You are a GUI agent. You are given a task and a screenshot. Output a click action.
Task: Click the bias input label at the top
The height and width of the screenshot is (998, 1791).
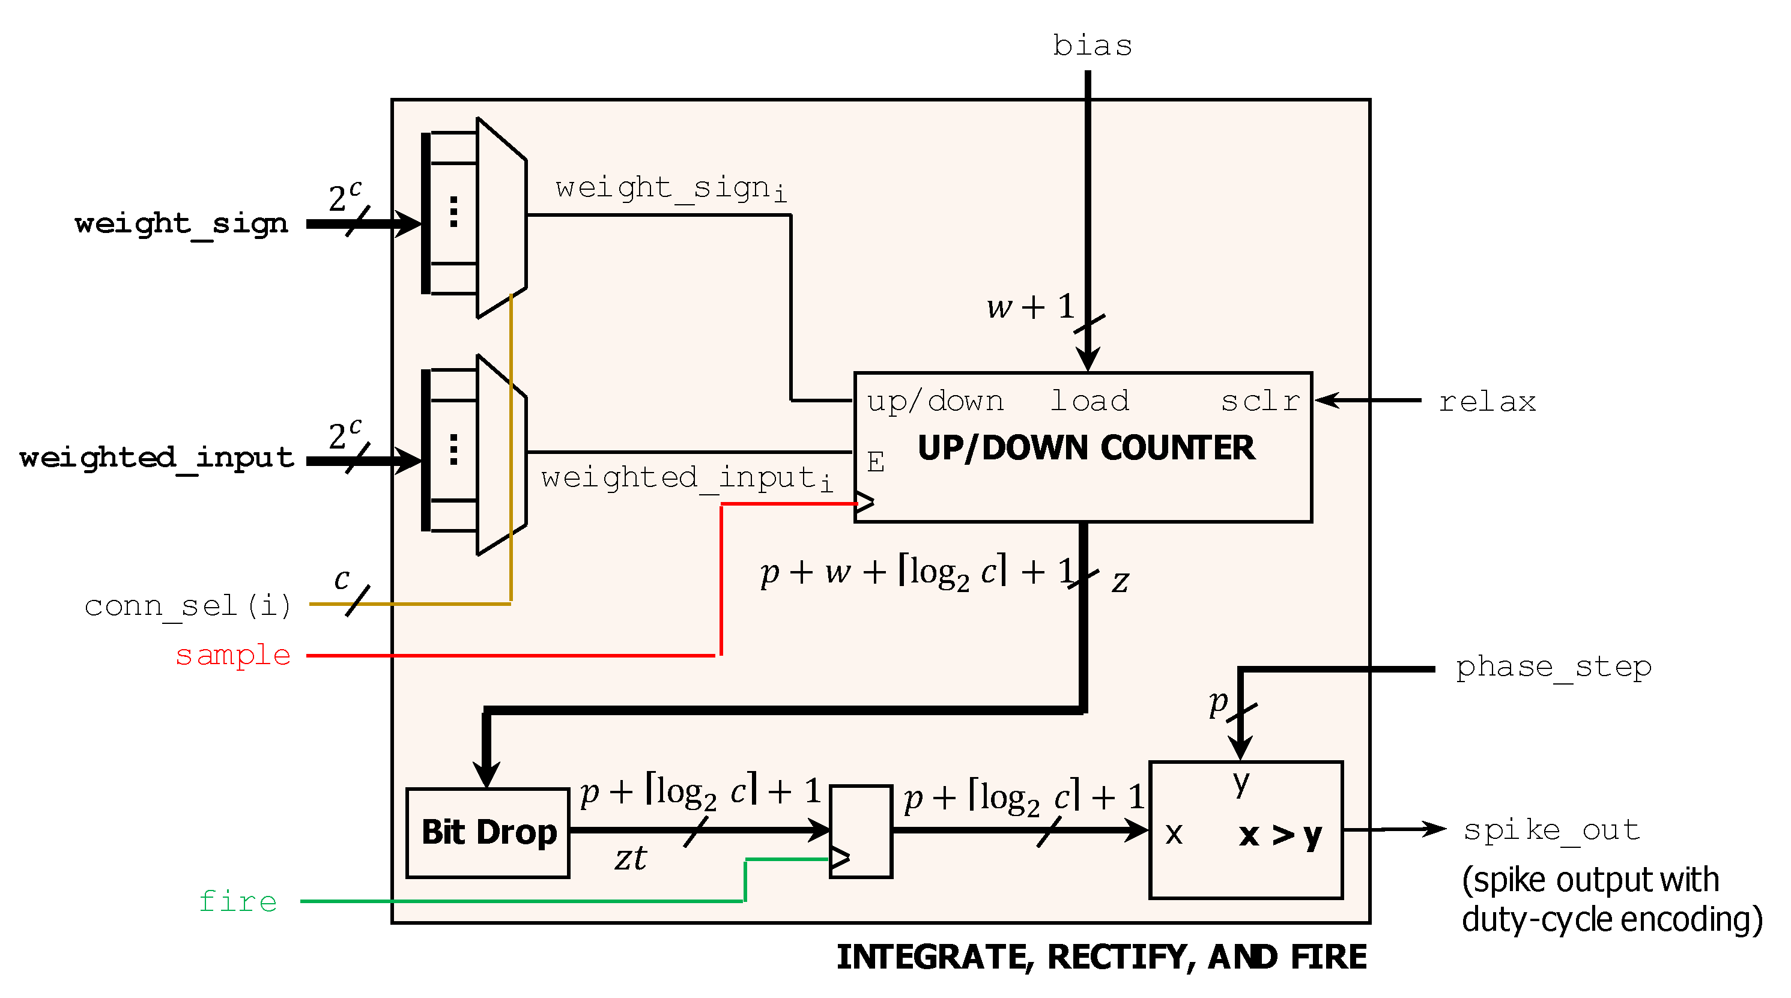tap(1091, 46)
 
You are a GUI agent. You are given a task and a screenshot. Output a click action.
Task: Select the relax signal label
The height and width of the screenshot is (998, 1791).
tap(1486, 402)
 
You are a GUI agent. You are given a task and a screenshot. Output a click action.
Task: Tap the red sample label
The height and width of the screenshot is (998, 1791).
tap(233, 655)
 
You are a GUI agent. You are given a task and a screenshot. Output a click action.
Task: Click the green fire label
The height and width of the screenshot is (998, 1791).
tap(238, 901)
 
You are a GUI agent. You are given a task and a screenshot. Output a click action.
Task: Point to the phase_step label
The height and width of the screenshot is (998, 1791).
tap(1553, 667)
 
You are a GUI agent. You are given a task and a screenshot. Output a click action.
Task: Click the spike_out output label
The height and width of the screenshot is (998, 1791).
tap(1551, 830)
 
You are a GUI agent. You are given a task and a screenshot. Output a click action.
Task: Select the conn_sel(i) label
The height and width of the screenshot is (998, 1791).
tap(188, 606)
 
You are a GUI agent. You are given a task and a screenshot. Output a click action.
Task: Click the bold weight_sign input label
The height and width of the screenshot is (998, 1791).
tap(181, 224)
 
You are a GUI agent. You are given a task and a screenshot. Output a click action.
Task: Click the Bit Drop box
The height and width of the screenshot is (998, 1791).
tap(488, 833)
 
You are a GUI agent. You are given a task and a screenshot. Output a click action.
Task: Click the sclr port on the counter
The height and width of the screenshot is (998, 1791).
tap(1260, 402)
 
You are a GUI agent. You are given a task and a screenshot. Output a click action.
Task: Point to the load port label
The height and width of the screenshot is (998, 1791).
tap(1089, 402)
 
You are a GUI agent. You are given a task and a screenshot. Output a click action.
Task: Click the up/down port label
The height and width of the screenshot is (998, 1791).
tap(935, 402)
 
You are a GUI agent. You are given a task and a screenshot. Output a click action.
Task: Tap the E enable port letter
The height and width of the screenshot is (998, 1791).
tap(875, 462)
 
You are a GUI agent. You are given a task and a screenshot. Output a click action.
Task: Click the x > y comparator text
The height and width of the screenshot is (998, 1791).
tap(1280, 835)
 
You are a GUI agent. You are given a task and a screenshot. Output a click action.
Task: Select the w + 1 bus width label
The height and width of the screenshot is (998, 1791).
tap(1031, 306)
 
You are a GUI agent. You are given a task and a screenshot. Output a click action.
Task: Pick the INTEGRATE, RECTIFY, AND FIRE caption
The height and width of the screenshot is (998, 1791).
tap(1102, 958)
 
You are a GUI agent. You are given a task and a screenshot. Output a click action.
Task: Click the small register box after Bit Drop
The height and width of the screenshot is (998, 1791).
tap(861, 831)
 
